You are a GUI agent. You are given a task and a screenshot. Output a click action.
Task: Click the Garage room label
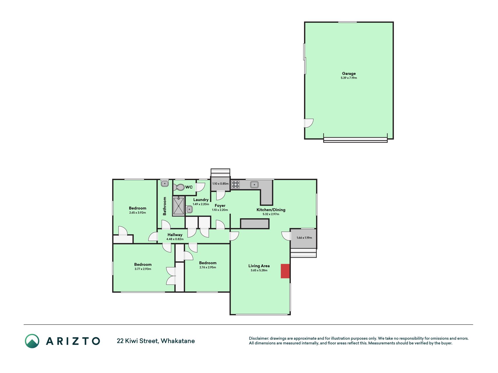[x=349, y=73]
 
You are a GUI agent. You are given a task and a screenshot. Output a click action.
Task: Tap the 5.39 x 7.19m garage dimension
[x=349, y=78]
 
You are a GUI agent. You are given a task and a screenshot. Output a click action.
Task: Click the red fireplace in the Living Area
[x=285, y=271]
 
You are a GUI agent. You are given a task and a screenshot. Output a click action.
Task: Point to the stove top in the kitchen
[x=235, y=184]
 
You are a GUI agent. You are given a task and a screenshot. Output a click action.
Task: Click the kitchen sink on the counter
[x=254, y=184]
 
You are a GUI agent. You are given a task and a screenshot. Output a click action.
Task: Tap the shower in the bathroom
[x=178, y=206]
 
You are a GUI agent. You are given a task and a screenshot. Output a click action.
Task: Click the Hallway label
[x=175, y=235]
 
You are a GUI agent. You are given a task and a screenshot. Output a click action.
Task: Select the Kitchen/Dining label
[x=271, y=210]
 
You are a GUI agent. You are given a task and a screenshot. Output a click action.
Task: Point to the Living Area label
[x=259, y=266]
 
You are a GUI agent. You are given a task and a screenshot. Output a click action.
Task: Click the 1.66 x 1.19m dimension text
[x=304, y=238]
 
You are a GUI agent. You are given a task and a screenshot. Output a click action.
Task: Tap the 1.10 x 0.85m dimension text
[x=220, y=184]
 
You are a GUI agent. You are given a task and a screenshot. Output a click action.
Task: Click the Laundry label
[x=201, y=200]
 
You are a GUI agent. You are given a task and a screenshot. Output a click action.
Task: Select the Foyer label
[x=220, y=205]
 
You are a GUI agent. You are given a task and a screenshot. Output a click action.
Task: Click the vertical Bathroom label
[x=165, y=206]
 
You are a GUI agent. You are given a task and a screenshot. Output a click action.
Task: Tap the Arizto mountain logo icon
[x=32, y=341]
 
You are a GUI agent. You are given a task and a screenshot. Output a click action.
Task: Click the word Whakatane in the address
[x=178, y=341]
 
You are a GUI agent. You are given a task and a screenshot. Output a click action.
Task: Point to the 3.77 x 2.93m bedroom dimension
[x=143, y=269]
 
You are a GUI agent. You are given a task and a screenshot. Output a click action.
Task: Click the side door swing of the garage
[x=309, y=123]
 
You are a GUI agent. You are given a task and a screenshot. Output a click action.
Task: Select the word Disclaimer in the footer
[x=258, y=338]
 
